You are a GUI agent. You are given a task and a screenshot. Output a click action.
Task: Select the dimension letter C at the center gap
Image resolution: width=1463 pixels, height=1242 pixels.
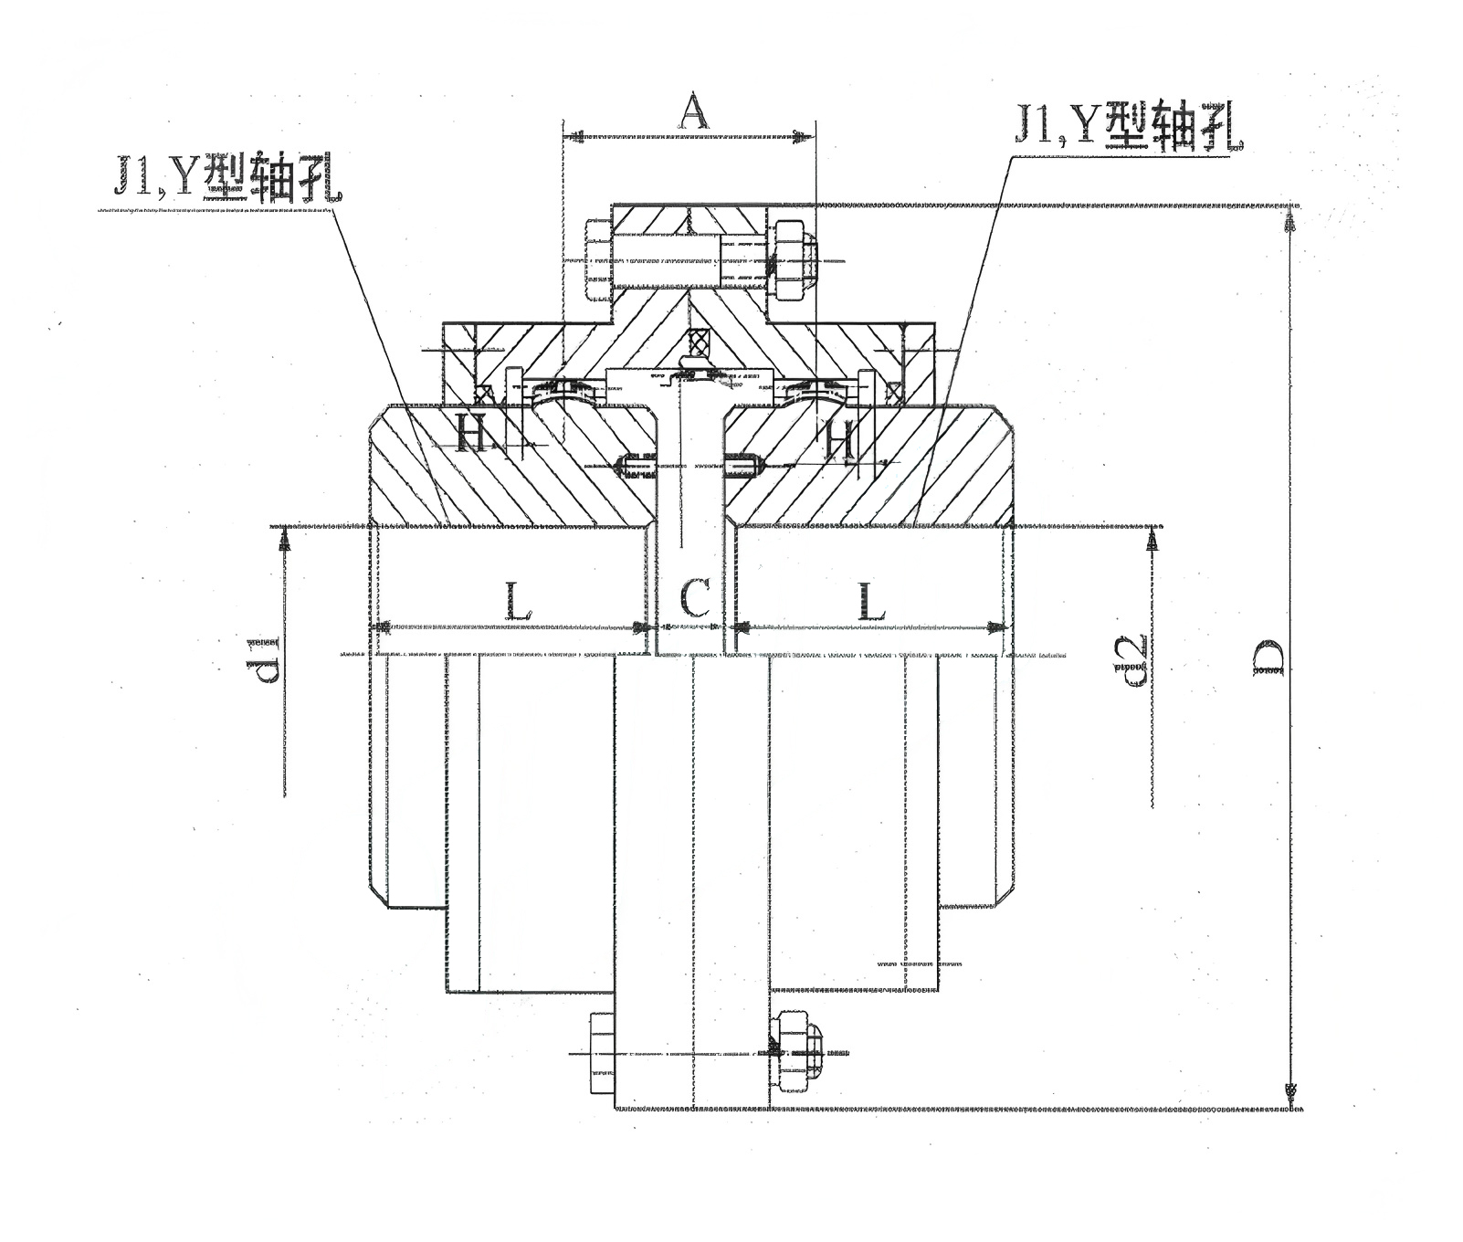click(x=694, y=600)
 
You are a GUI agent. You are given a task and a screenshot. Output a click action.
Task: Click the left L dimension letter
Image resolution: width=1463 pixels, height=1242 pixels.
click(x=515, y=600)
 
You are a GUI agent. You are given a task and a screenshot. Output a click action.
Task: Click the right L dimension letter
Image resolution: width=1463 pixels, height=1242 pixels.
click(x=870, y=600)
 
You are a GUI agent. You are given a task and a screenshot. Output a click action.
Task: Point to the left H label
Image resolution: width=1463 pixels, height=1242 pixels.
click(x=471, y=437)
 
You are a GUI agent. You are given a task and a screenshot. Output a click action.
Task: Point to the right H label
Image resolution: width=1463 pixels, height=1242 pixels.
click(x=840, y=438)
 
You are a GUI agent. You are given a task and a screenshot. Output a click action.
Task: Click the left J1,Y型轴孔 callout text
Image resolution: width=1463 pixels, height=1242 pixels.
click(x=228, y=175)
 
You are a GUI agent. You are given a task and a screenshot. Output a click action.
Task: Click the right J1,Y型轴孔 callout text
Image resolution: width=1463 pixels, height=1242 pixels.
click(x=1129, y=124)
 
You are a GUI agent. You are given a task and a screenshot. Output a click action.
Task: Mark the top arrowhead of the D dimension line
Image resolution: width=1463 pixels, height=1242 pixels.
click(x=1290, y=223)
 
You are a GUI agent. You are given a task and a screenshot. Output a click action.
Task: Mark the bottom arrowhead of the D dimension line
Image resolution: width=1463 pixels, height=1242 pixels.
click(x=1290, y=1092)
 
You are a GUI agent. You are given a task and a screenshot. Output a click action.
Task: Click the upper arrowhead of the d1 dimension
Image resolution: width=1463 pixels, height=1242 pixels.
click(x=286, y=541)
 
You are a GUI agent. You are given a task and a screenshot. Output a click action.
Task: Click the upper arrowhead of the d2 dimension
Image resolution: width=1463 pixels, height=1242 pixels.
click(x=1152, y=541)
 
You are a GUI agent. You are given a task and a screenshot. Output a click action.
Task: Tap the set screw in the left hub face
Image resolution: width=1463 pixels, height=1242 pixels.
click(x=634, y=466)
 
